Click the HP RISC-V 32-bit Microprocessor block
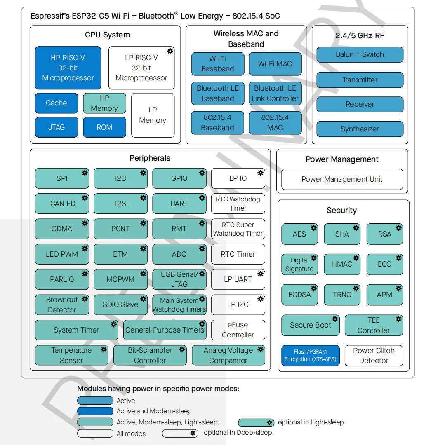click(x=68, y=68)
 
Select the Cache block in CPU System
click(x=57, y=103)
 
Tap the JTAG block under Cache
click(x=57, y=127)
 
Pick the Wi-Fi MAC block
click(x=275, y=64)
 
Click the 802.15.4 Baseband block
click(x=218, y=123)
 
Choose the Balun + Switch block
click(x=360, y=54)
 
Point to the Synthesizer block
click(x=360, y=129)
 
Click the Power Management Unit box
click(x=342, y=179)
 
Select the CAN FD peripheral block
click(x=62, y=204)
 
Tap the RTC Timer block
click(x=238, y=254)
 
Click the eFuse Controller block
click(x=238, y=330)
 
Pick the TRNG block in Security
click(x=342, y=295)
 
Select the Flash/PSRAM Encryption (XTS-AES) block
click(x=311, y=355)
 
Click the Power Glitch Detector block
click(x=374, y=355)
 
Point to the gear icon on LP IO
click(x=260, y=173)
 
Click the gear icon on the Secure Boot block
click(x=335, y=319)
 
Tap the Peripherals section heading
click(x=150, y=158)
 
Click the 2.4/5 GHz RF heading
click(x=360, y=35)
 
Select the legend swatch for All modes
click(x=95, y=433)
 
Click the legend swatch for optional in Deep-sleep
click(x=180, y=433)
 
